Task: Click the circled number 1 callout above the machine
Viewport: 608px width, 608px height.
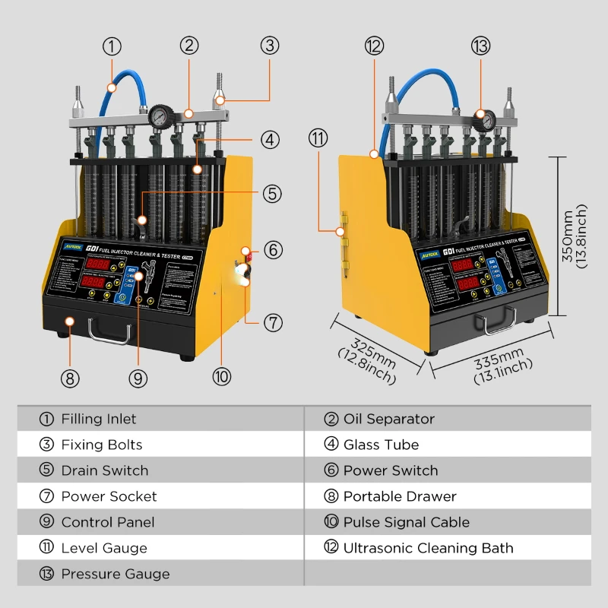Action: [x=112, y=46]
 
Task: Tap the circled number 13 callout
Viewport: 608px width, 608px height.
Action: [x=480, y=46]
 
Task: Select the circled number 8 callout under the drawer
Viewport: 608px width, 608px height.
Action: [x=69, y=378]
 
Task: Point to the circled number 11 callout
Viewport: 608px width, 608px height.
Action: [x=318, y=138]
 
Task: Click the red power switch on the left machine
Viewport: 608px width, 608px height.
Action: [x=245, y=255]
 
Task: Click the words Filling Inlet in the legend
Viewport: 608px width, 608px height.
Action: [x=99, y=419]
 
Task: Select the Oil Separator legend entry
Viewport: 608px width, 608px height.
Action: [x=388, y=419]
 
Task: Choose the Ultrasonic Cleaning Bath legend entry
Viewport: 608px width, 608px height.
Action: [x=428, y=548]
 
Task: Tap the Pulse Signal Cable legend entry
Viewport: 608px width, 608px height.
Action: [x=406, y=522]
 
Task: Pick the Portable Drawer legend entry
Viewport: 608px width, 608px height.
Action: [x=400, y=496]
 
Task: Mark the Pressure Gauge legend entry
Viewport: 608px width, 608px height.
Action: [x=115, y=574]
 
